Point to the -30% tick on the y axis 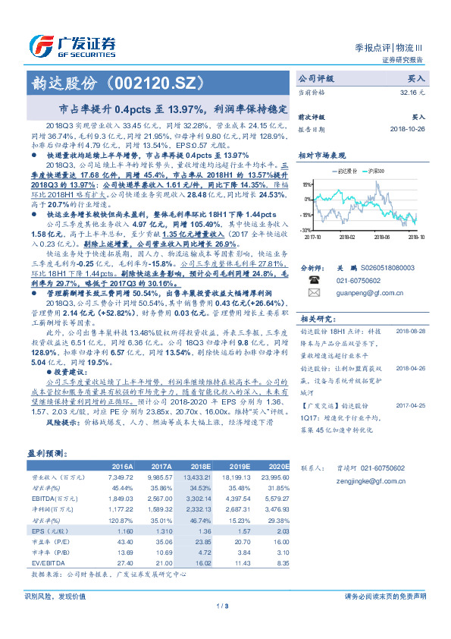pyautogui.click(x=305, y=228)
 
